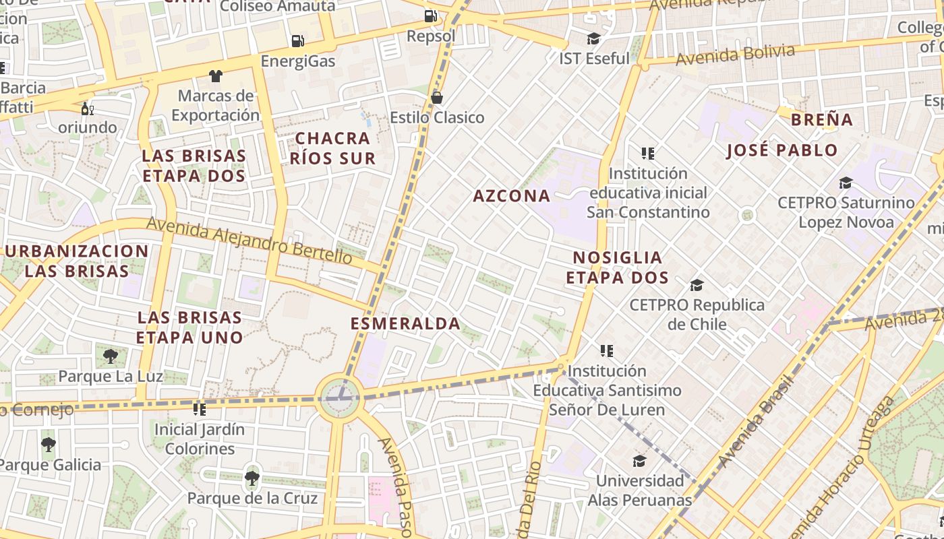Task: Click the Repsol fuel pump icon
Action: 430,16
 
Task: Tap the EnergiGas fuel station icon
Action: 297,41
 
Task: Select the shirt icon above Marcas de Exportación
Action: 215,75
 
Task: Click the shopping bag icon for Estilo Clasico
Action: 437,98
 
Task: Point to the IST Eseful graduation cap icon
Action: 593,39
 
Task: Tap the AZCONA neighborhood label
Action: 511,196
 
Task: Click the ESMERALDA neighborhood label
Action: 405,323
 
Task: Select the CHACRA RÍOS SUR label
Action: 332,148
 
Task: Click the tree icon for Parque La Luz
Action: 111,356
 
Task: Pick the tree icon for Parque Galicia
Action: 48,445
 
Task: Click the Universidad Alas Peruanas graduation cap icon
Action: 639,461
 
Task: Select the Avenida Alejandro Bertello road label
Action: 249,241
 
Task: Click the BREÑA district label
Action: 821,120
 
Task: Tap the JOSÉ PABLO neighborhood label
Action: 781,150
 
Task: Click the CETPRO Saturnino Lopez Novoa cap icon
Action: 846,183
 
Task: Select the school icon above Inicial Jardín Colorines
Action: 200,409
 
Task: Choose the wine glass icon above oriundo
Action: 87,108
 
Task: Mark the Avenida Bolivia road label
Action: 735,55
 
